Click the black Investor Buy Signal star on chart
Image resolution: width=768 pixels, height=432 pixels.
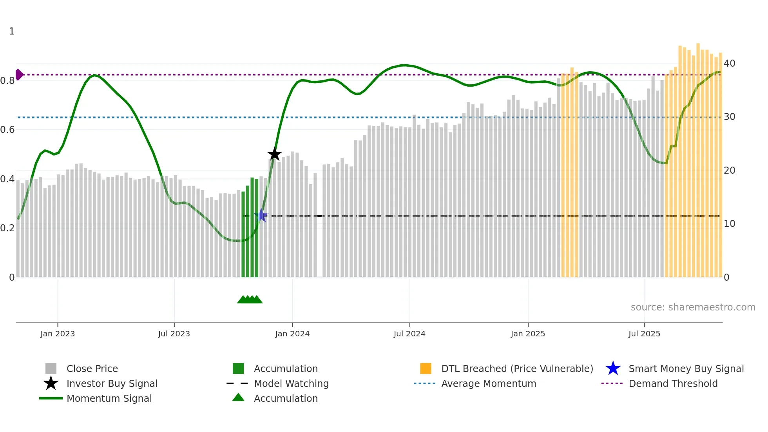pos(274,154)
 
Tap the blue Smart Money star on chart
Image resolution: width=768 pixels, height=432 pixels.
pos(261,216)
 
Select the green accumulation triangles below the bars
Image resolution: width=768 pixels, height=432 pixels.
pos(250,299)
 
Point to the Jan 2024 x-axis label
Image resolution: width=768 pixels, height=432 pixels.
pos(292,334)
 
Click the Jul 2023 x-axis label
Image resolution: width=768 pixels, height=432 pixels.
pos(174,334)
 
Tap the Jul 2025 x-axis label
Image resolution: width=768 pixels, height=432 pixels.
pos(644,334)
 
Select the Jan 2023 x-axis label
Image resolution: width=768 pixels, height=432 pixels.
pos(58,334)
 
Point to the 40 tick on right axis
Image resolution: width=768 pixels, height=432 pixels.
pos(729,64)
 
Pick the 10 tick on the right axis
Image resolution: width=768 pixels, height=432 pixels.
pos(729,224)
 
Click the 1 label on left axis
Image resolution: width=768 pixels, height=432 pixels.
pos(12,31)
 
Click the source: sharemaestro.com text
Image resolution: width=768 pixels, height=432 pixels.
pos(693,307)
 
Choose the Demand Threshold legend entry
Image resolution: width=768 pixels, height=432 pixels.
pos(673,383)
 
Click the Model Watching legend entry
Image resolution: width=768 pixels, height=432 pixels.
pos(291,383)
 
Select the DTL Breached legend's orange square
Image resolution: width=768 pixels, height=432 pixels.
pos(426,368)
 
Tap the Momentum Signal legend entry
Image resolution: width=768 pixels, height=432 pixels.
pos(109,398)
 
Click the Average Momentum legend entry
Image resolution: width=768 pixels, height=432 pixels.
pos(488,383)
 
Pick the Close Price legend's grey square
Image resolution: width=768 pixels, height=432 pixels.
pos(51,368)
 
